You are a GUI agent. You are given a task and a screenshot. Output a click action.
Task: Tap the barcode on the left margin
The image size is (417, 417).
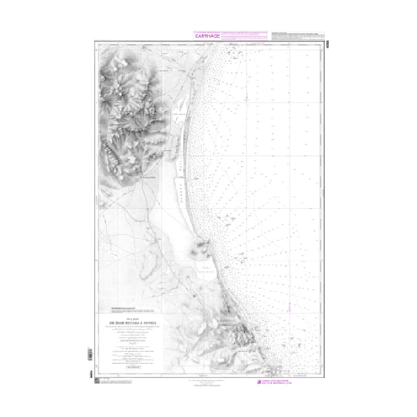[90, 355]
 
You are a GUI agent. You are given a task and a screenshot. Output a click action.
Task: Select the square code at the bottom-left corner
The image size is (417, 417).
[97, 383]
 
